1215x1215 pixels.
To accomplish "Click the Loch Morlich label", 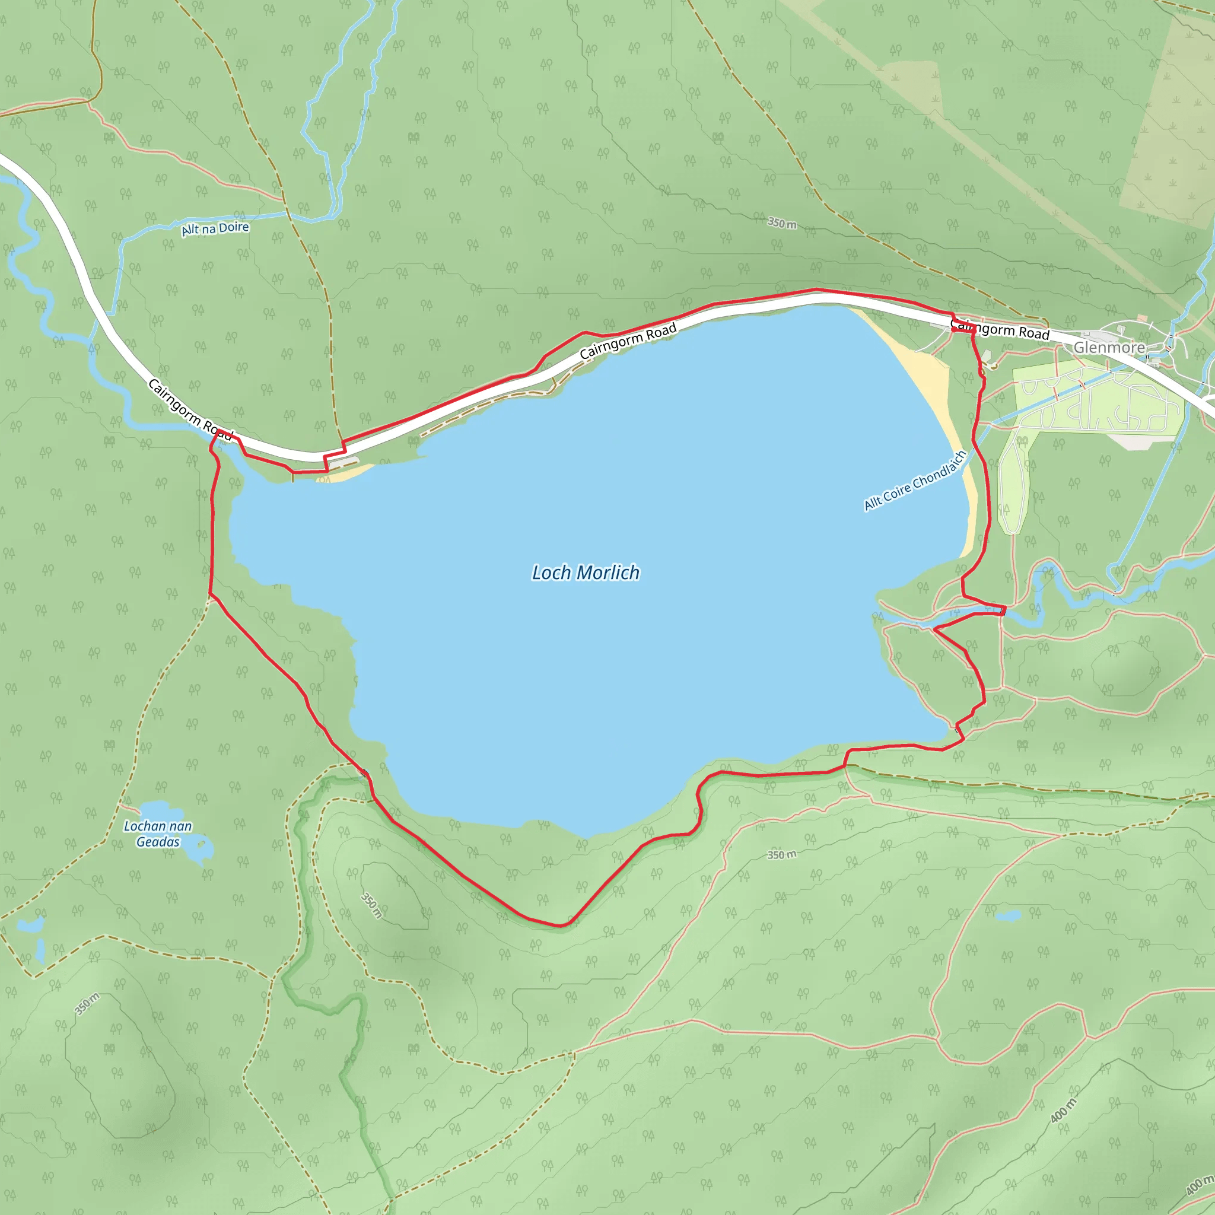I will [x=586, y=572].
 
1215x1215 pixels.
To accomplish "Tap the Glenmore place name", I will [x=1109, y=347].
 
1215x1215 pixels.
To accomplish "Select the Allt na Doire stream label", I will [x=215, y=228].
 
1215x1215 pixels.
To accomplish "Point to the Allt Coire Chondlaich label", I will [x=914, y=481].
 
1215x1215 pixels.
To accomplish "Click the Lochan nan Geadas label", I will [x=158, y=834].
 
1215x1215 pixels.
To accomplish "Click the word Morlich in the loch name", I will [x=608, y=572].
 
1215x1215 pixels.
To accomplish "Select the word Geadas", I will [x=158, y=842].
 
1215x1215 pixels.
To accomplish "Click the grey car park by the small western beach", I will [x=342, y=463].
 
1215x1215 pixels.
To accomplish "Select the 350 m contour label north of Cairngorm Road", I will [x=782, y=223].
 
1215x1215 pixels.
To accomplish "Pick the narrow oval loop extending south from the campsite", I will [x=1013, y=484].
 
